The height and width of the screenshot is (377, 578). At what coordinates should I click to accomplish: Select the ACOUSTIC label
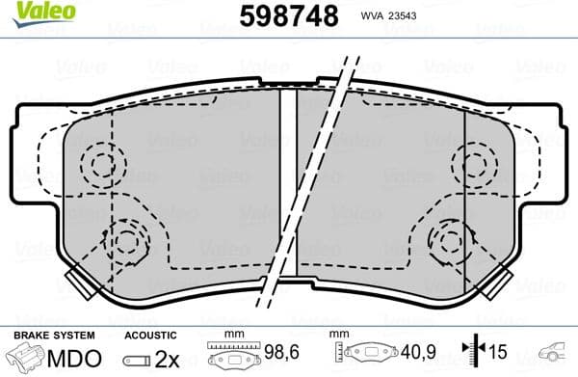[152, 335]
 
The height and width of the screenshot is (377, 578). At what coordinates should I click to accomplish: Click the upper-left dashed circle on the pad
[99, 164]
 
